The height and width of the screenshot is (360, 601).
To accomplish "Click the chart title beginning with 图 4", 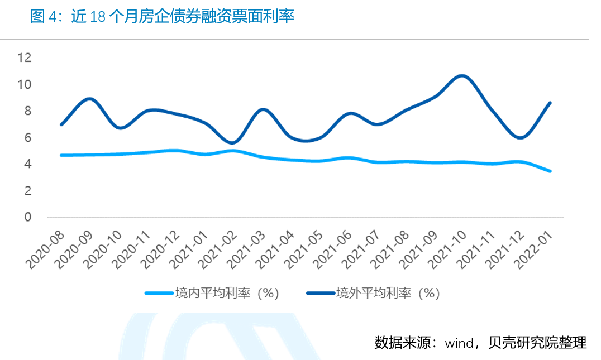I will [x=162, y=17].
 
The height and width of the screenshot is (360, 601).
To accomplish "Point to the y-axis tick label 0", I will [x=28, y=217].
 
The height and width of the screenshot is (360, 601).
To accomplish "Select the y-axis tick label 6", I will [x=28, y=137].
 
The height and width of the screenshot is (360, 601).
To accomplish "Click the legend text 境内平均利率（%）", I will [x=226, y=292].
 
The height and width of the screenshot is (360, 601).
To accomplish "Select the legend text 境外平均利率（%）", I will [x=388, y=292].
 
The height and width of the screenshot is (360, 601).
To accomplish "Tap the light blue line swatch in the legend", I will [x=159, y=292].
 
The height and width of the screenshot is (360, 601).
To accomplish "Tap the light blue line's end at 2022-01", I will [x=550, y=171].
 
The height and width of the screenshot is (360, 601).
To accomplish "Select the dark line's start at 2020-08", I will [x=61, y=124].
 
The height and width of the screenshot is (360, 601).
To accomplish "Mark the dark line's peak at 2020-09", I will [x=89, y=99].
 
